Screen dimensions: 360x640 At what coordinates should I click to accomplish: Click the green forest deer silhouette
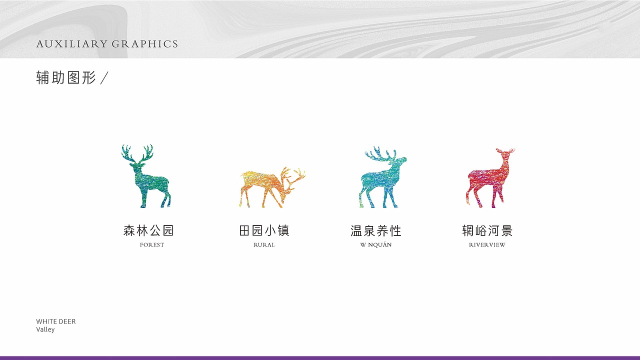(147, 182)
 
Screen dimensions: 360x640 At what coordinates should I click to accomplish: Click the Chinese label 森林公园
(148, 230)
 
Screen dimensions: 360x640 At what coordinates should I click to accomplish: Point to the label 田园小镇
(264, 230)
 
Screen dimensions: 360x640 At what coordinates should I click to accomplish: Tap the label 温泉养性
(376, 230)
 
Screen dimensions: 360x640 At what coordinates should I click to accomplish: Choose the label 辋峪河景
(487, 230)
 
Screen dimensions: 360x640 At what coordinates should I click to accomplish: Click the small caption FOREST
(152, 245)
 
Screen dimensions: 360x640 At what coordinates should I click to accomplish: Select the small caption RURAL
(264, 245)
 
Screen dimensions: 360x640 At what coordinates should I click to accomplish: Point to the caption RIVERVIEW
(487, 245)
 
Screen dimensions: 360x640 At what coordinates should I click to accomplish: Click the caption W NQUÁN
(376, 245)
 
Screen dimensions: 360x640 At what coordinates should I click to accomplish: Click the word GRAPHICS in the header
(145, 44)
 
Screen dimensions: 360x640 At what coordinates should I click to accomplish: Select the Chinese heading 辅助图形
(66, 77)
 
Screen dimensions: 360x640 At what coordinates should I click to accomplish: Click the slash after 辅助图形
(104, 78)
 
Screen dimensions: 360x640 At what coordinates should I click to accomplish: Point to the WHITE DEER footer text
(56, 321)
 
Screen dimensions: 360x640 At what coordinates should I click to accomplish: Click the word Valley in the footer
(45, 330)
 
